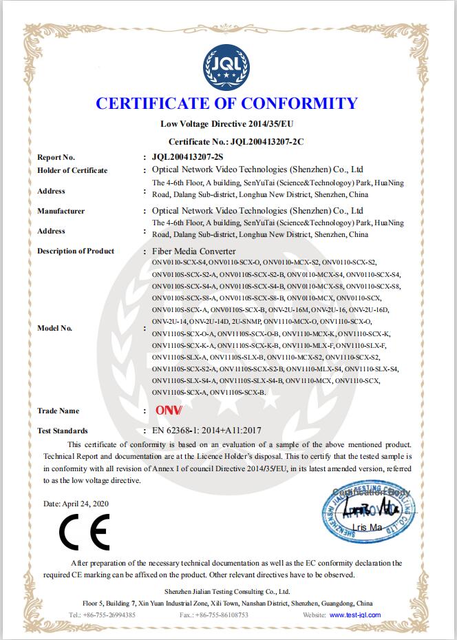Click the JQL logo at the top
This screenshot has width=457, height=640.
coord(226,65)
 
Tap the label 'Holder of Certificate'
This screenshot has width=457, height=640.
coord(72,170)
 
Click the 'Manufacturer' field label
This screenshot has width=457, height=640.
coord(61,211)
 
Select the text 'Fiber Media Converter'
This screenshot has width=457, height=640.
coord(193,251)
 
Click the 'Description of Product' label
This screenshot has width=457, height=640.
coord(76,251)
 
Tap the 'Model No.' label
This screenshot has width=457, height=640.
coord(55,328)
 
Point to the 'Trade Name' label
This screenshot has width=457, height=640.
coord(59,411)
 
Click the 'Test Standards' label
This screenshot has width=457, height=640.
coord(63,430)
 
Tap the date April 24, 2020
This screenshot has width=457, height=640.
coord(75,504)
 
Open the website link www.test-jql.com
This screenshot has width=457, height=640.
coord(355,615)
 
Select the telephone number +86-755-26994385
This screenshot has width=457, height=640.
coord(110,615)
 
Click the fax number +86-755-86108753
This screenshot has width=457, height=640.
coord(221,615)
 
